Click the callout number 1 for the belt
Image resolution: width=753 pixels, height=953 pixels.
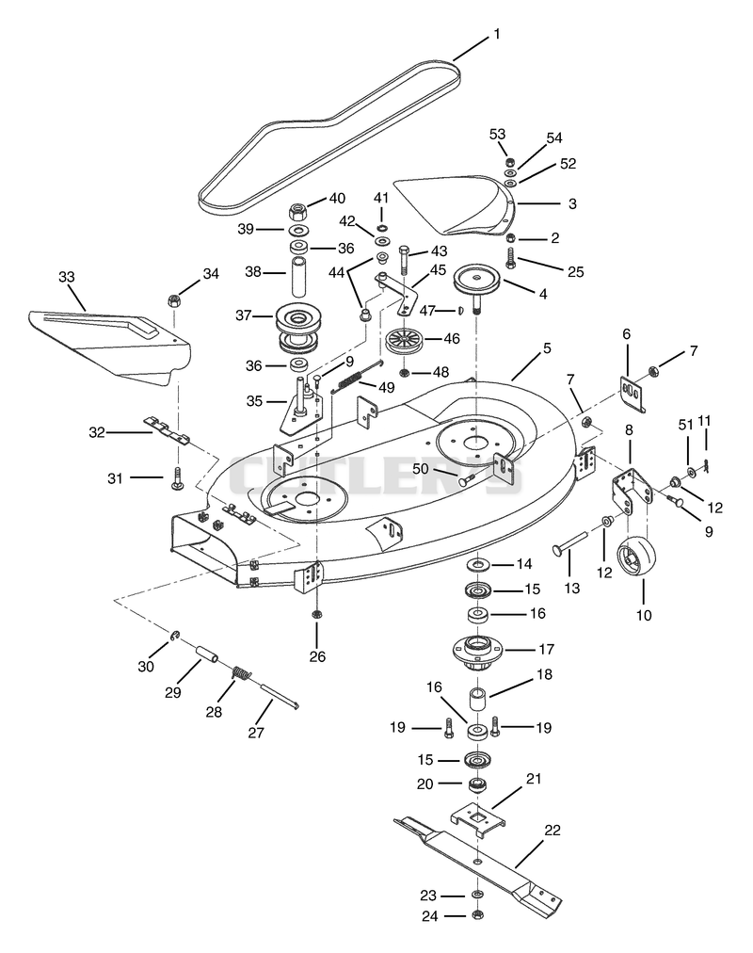click(x=497, y=34)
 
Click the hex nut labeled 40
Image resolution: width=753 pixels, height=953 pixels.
click(x=297, y=210)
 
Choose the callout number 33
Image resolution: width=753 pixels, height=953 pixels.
click(x=66, y=277)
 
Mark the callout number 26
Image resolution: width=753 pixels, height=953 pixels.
click(x=317, y=656)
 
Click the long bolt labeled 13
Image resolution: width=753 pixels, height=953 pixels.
click(x=569, y=542)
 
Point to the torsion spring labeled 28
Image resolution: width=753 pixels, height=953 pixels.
click(x=242, y=673)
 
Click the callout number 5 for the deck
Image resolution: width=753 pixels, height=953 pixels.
click(x=547, y=348)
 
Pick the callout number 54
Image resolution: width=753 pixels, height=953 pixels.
click(x=553, y=138)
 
